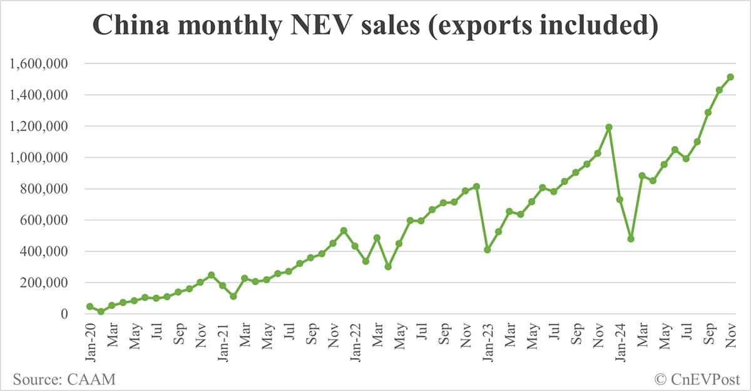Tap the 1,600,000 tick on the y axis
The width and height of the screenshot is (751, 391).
tap(39, 64)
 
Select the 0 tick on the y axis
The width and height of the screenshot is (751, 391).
tap(64, 314)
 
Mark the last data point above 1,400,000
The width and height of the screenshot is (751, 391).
tap(730, 77)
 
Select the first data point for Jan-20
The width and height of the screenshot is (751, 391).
tap(90, 306)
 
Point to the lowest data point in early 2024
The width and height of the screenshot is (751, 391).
tap(631, 239)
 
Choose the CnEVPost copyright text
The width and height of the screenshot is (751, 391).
tap(697, 378)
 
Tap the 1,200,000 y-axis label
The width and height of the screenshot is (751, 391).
tap(39, 127)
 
